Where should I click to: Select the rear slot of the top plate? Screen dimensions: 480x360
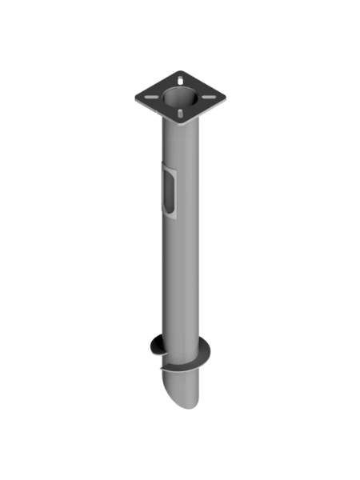[x=183, y=78]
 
